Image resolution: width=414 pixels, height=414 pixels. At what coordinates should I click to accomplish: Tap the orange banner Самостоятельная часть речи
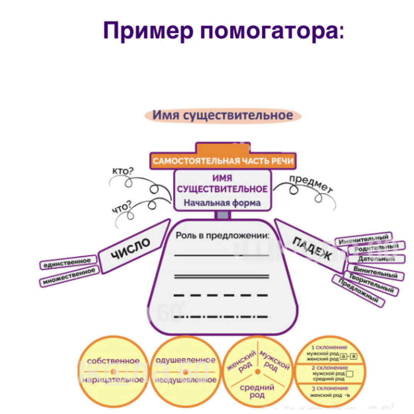point(223,161)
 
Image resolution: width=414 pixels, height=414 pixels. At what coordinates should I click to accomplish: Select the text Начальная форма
point(222,203)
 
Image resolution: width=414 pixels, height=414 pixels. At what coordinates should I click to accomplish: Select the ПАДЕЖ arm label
point(312,248)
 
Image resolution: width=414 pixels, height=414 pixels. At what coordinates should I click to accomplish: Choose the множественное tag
point(69,277)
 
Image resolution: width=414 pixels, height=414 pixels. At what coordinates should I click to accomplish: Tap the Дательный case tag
point(376,259)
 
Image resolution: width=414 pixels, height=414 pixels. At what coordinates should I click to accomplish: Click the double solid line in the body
point(222,276)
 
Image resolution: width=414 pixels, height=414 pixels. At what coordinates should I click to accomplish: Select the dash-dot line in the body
point(222,317)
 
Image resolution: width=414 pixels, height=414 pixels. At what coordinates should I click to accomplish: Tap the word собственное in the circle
point(113,361)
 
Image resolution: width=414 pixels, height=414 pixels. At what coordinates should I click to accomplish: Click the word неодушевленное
point(186,380)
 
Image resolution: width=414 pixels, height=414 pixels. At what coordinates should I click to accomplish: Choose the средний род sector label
point(257,391)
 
